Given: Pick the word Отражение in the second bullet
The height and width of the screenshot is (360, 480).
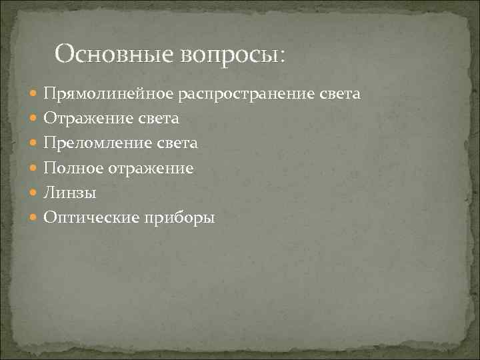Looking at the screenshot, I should coord(83,119).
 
